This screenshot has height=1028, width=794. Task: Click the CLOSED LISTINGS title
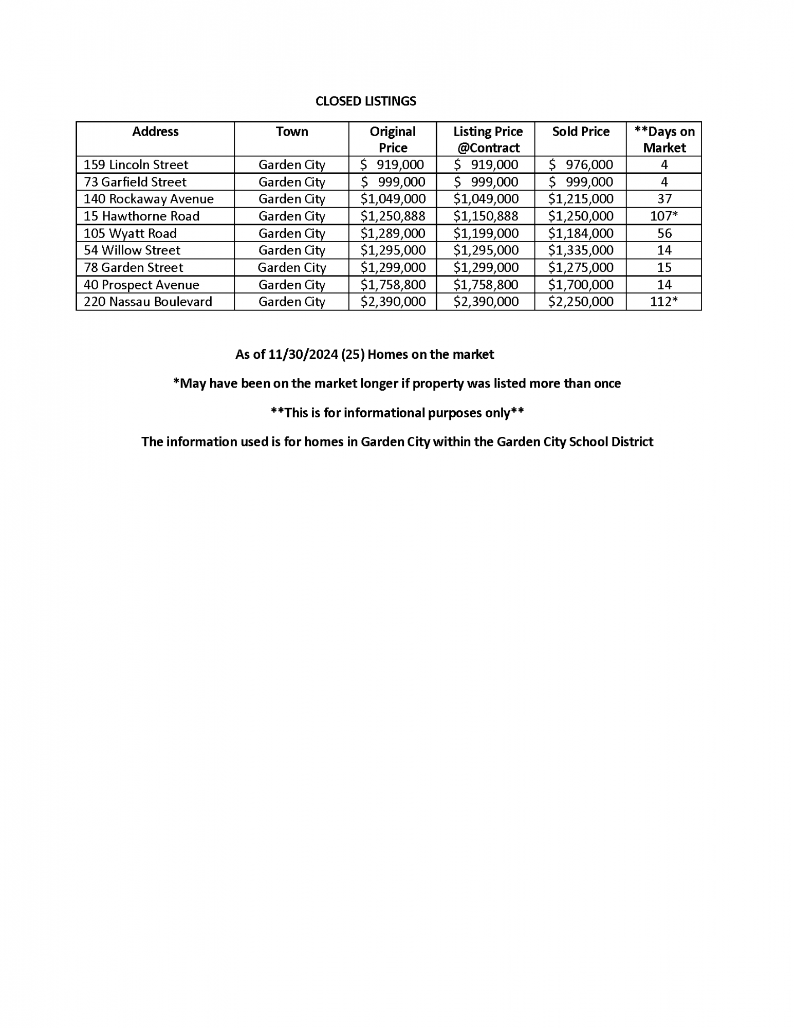[x=365, y=101]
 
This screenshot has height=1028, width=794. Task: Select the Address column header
[x=155, y=132]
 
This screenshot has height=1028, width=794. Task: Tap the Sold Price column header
[x=581, y=132]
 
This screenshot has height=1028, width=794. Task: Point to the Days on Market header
[x=664, y=139]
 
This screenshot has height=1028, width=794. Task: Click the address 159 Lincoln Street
[x=136, y=164]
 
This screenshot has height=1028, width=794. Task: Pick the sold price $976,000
[x=581, y=164]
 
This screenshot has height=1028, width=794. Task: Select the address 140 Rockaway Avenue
[x=149, y=199]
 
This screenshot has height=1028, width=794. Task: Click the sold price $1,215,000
[x=581, y=199]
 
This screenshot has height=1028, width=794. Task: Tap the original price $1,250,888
[x=393, y=216]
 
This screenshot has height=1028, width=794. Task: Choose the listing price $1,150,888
[x=486, y=216]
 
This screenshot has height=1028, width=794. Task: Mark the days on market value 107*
[x=664, y=216]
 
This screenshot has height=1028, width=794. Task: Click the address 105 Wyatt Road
[x=130, y=233]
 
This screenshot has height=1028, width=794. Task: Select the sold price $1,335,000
[x=581, y=250]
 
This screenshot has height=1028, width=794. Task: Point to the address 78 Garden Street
[x=134, y=267]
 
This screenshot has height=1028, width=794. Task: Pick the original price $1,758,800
[x=393, y=285]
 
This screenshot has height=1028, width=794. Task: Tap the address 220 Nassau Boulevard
[x=148, y=302]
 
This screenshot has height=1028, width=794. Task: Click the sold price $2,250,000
[x=581, y=302]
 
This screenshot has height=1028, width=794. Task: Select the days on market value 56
[x=664, y=233]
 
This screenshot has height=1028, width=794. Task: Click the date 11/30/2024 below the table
[x=303, y=355]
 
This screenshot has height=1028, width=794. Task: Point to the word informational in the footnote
[x=384, y=413]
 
